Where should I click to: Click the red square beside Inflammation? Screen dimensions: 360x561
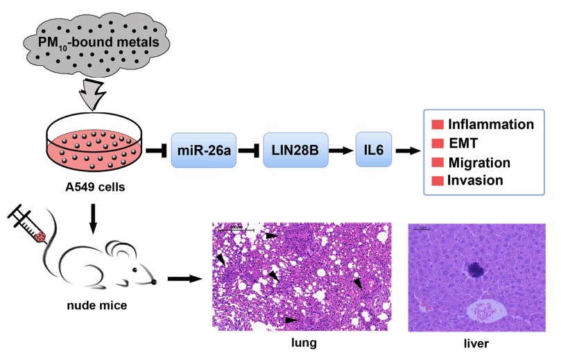click(x=438, y=125)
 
